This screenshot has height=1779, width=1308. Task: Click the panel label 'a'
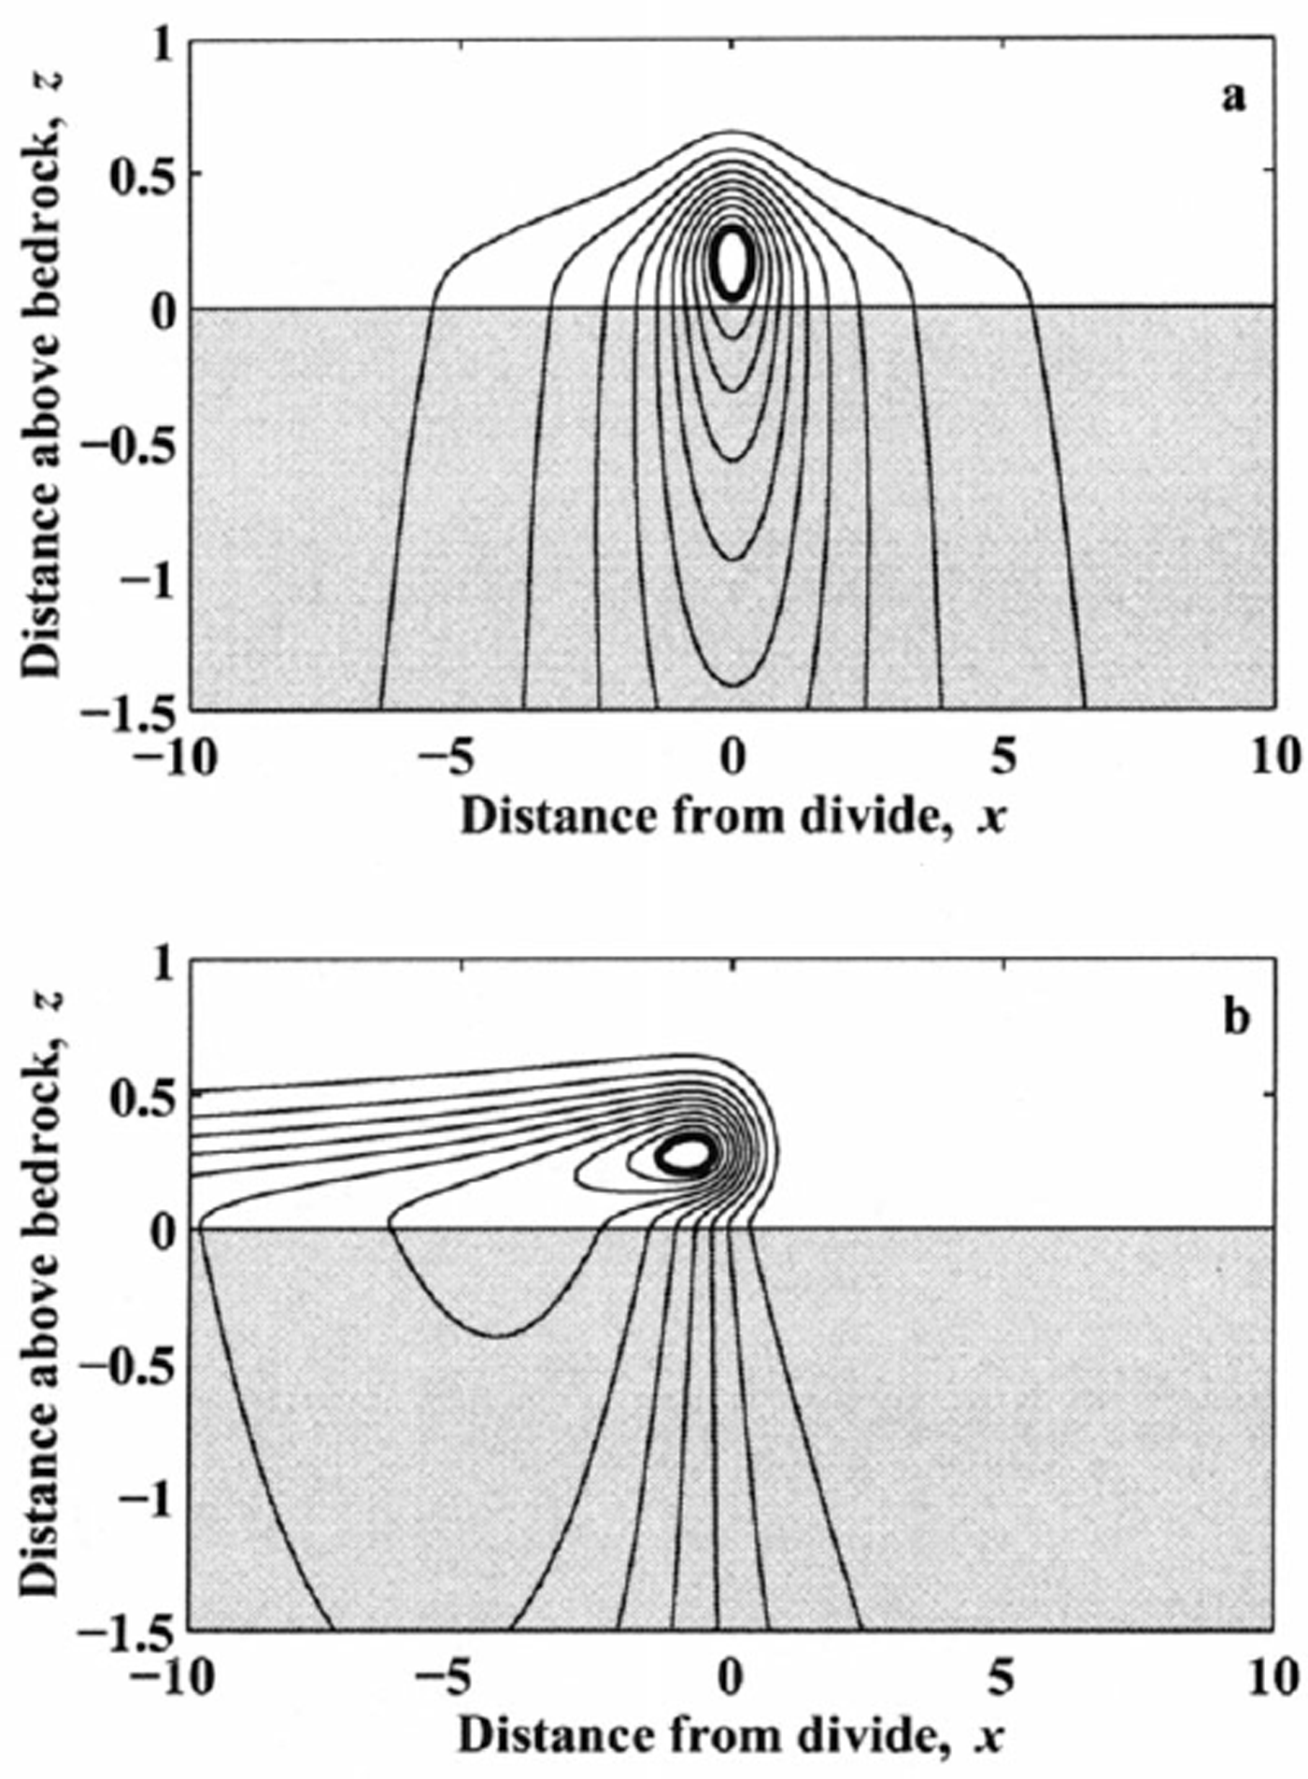[x=1234, y=97]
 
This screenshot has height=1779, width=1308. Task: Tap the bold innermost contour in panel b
[x=687, y=1154]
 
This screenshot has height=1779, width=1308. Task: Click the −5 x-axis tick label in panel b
[x=448, y=1679]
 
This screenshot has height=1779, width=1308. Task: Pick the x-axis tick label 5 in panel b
[x=1002, y=1679]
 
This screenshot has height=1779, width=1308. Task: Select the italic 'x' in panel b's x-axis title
[x=992, y=1736]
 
